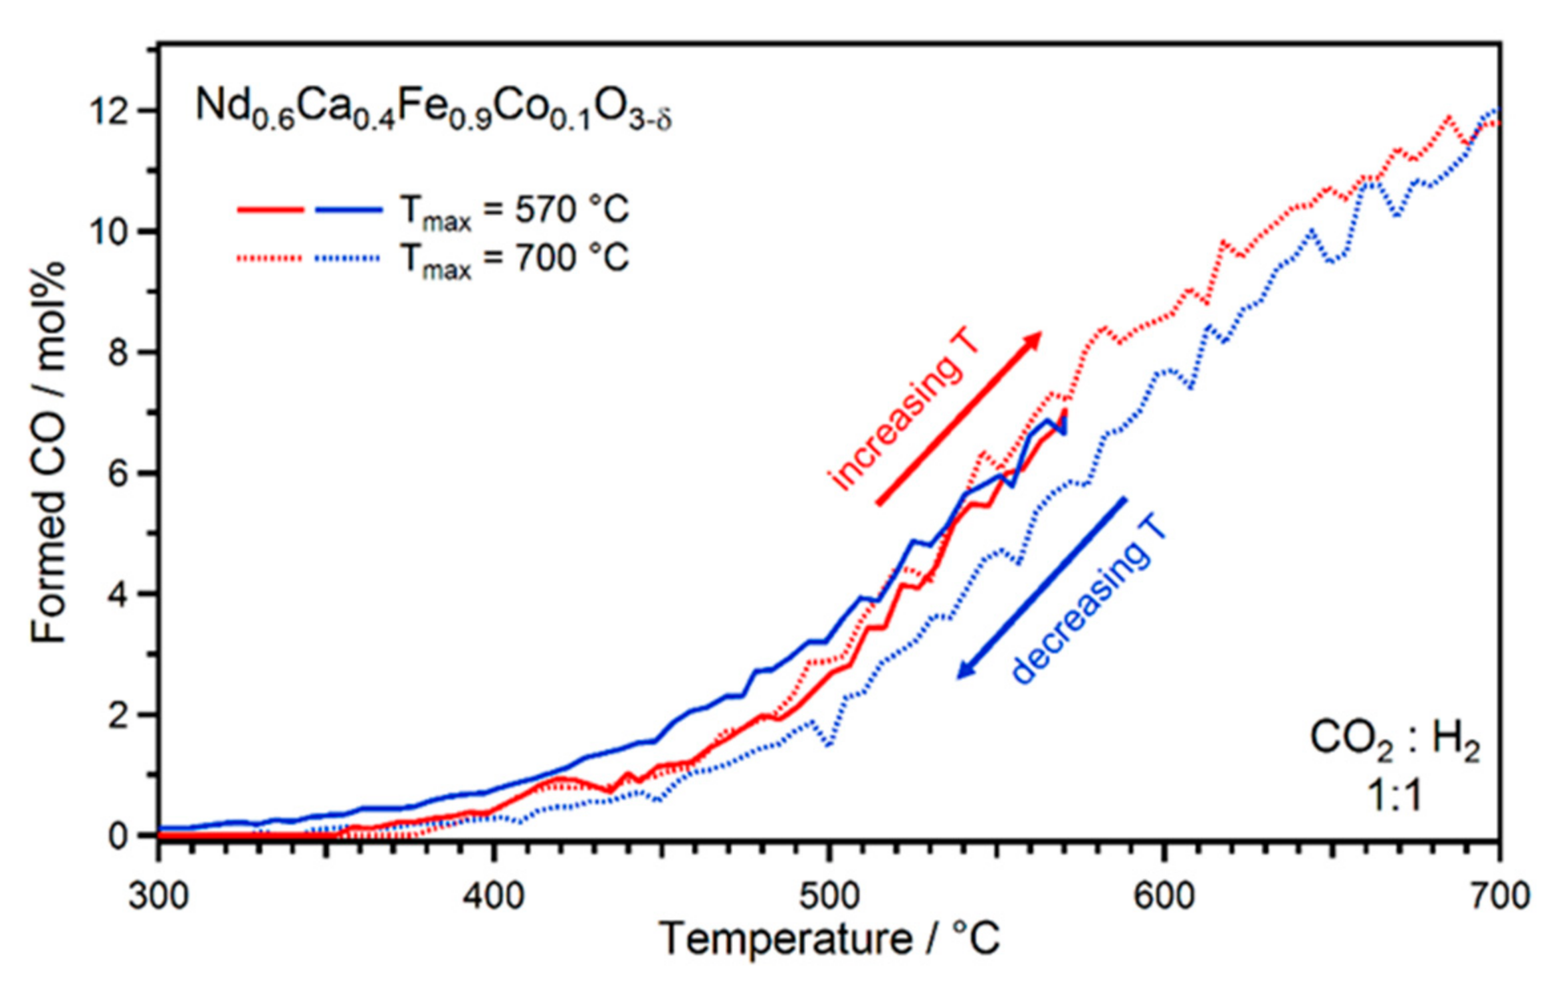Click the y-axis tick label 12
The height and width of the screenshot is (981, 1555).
(x=110, y=111)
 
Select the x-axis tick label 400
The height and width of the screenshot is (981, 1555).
(x=493, y=895)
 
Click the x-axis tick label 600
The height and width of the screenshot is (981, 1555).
(x=1164, y=895)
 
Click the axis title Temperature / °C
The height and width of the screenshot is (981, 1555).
(x=829, y=939)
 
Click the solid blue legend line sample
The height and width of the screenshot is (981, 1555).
(x=349, y=210)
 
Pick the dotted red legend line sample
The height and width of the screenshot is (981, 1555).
(x=270, y=259)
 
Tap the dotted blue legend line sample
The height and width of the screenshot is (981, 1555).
(x=348, y=259)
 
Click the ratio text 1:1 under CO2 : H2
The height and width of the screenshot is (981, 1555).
(x=1394, y=796)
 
